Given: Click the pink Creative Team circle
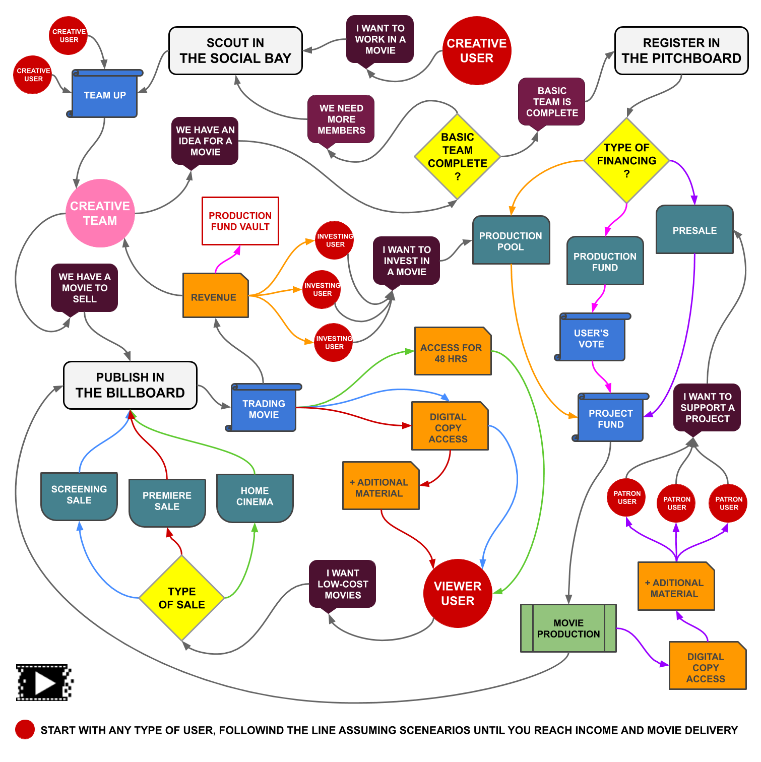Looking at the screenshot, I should point(100,213).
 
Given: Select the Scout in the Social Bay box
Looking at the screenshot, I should point(235,51).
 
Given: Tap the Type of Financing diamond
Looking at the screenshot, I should point(626,161).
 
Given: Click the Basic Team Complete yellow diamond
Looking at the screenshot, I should point(457,157).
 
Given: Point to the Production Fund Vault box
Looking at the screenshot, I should point(240,221).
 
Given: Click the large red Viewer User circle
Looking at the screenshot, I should point(457,593).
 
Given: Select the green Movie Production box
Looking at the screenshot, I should point(568,628).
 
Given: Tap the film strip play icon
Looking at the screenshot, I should point(44,683).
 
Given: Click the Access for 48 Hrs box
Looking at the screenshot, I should point(452,352).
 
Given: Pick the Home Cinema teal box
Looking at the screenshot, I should point(255,497).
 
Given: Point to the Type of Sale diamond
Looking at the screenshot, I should point(181,598).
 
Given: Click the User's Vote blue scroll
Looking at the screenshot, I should point(592,338).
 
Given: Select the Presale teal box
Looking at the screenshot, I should point(694,230).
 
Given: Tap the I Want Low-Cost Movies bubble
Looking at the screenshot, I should point(342,584).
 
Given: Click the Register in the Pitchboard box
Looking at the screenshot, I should point(681,51).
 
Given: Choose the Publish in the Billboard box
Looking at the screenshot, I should point(130,385).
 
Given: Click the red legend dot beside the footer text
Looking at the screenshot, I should point(25,729).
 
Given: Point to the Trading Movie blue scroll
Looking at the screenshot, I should point(264,409).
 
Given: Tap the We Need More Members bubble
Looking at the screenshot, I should point(341,119).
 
